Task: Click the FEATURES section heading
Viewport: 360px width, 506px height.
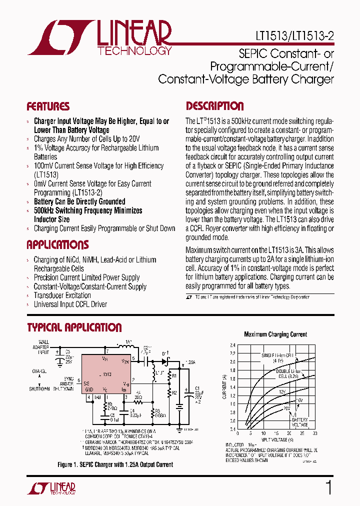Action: tap(48, 106)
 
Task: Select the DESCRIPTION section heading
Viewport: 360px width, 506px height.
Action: tap(215, 106)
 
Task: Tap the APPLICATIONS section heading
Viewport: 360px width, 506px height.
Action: tap(57, 245)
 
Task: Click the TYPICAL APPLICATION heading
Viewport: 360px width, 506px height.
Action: tap(74, 328)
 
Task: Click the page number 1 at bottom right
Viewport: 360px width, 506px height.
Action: tap(328, 487)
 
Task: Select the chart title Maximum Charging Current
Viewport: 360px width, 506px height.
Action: tap(275, 334)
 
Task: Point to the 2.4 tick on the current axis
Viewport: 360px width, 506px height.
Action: tap(233, 345)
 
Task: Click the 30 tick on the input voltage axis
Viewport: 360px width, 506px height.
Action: tap(315, 433)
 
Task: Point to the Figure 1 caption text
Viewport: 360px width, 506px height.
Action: tap(115, 464)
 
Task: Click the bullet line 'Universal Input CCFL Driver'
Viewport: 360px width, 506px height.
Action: tap(70, 304)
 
